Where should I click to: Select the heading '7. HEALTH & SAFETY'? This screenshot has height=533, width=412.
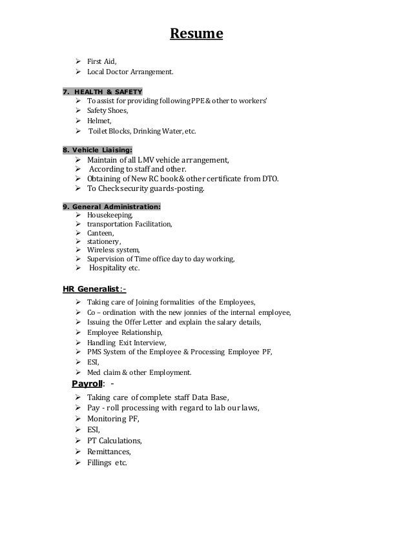click(x=103, y=91)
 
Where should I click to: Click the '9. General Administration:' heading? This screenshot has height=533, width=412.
click(x=112, y=206)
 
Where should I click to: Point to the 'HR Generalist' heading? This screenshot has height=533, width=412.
click(x=94, y=288)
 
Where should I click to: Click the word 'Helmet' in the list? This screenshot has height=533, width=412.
click(x=99, y=121)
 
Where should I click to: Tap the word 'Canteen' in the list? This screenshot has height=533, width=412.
click(x=100, y=232)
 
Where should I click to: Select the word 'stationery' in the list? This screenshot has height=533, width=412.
click(x=103, y=241)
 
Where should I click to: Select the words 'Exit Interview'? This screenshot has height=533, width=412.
click(x=143, y=343)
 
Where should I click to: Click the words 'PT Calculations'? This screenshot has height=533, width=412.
click(x=114, y=440)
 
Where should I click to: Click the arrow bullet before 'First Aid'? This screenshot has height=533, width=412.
click(x=78, y=61)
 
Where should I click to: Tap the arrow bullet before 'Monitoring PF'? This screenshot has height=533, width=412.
click(x=78, y=418)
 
